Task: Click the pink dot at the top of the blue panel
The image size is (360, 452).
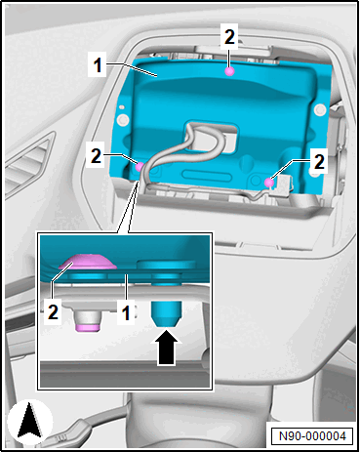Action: coord(230,71)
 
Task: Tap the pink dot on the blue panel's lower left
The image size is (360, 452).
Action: coord(140,167)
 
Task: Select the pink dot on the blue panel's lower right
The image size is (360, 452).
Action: coord(269,183)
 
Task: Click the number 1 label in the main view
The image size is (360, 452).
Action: coord(98,65)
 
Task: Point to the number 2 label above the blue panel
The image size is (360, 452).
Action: coord(229,37)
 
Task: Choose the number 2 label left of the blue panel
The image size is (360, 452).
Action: coord(96,156)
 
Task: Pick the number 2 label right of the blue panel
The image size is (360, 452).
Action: coord(319,162)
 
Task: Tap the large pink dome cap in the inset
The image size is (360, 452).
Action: coord(88,262)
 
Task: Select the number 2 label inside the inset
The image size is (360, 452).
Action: coord(53,312)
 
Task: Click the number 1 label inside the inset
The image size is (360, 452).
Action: coord(126,312)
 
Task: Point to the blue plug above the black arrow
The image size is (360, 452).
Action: coord(167,313)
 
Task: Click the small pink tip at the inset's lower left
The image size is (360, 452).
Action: coord(88,328)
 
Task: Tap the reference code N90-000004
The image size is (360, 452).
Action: coord(312,435)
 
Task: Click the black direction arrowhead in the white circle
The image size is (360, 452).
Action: coord(29,420)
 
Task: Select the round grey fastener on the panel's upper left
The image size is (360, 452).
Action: coord(123,119)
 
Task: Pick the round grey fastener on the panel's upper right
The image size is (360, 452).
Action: coord(320,109)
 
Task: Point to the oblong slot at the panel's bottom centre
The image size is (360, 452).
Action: coord(207,176)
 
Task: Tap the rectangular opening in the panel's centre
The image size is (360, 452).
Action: coord(211,138)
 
